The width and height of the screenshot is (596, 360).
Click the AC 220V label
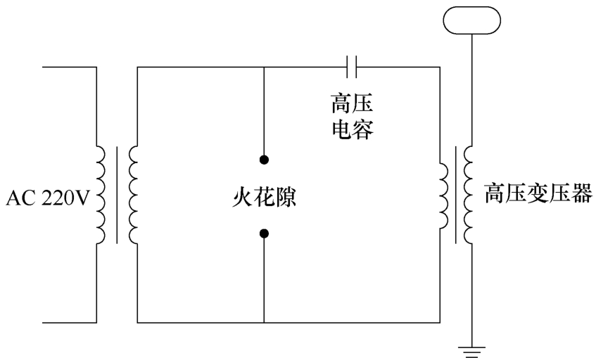coord(48,198)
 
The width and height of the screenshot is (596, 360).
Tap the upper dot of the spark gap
coord(264,160)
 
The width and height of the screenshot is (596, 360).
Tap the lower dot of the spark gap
coord(264,233)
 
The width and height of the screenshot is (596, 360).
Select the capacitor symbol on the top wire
coord(352,67)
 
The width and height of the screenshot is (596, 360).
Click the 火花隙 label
coord(264,198)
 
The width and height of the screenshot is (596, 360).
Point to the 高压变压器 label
coord(538,193)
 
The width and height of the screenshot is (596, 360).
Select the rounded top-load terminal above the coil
coord(471,20)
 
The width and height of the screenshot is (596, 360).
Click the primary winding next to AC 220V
coord(101,195)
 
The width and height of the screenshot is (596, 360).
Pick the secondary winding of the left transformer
coord(133,195)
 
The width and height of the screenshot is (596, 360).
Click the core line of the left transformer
coord(117,195)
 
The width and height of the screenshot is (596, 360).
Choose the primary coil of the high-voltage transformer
coord(444,196)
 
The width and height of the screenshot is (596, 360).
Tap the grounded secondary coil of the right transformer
coord(468,195)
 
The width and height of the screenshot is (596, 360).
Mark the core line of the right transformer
coord(456,195)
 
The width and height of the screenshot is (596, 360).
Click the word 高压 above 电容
coord(352,103)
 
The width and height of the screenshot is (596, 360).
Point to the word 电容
coord(353,129)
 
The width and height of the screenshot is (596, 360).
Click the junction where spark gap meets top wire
coord(264,67)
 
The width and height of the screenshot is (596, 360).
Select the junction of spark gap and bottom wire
coord(264,323)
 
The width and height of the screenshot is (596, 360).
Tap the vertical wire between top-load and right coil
coord(472,90)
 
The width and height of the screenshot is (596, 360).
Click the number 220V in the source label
coord(65,198)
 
